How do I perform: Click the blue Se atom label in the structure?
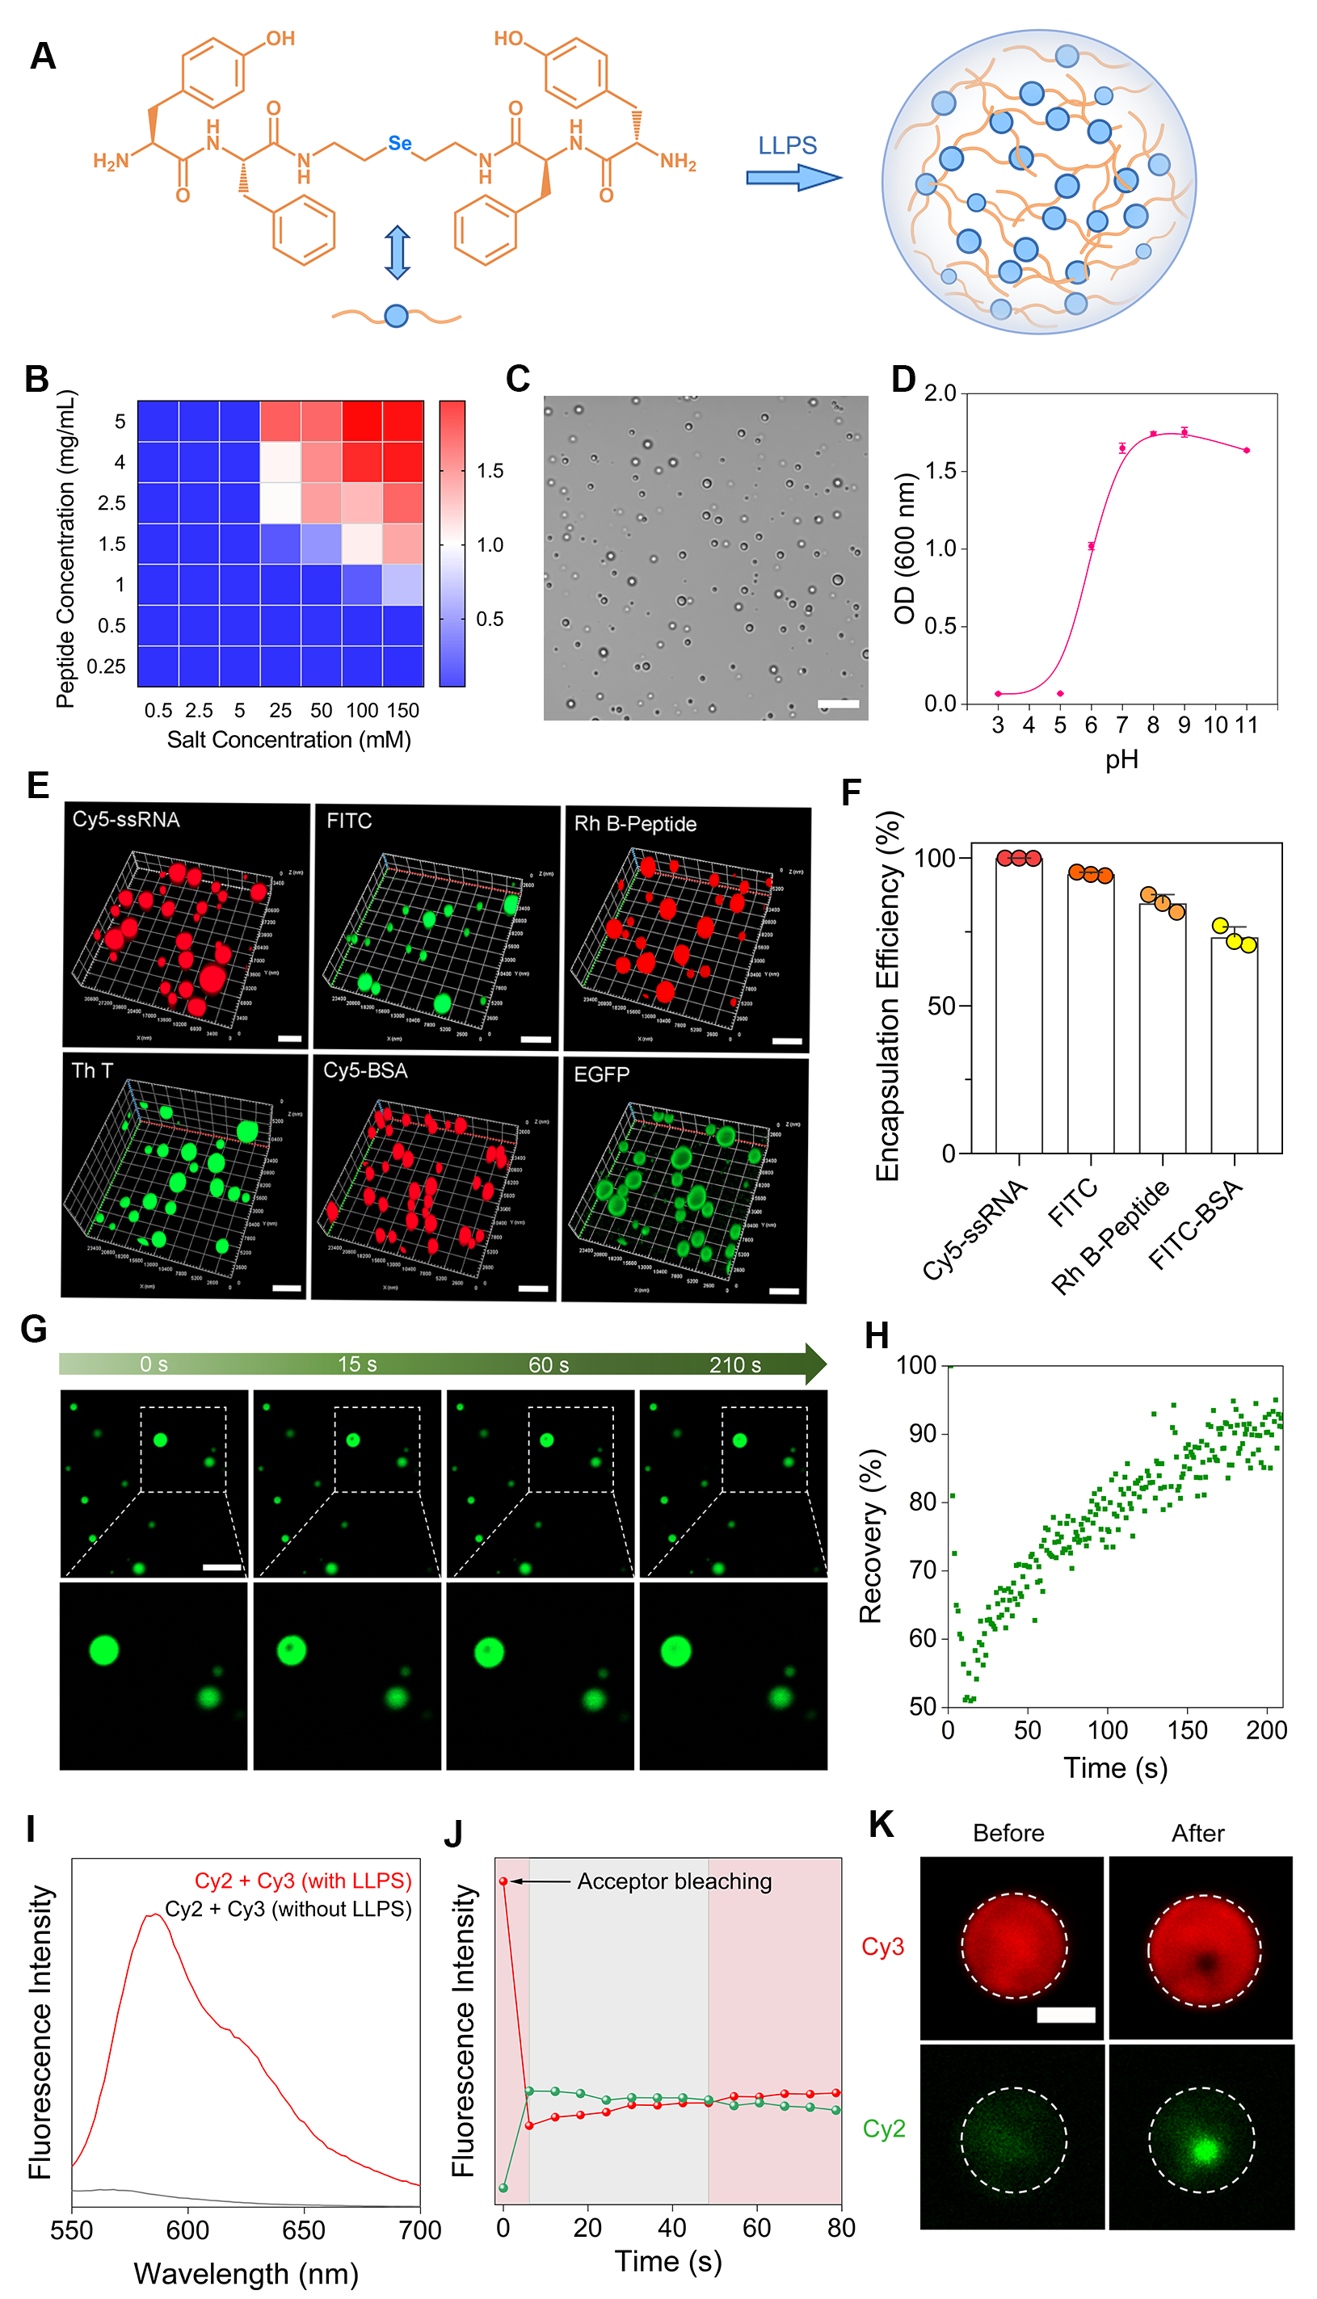(x=400, y=143)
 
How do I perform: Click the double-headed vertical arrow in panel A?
(x=397, y=251)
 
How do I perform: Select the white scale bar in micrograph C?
(x=839, y=704)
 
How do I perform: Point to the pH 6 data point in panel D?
(x=1092, y=546)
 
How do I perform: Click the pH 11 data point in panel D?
(x=1247, y=450)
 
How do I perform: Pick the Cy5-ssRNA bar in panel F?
(x=1019, y=1003)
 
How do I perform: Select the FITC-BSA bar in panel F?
(x=1234, y=1044)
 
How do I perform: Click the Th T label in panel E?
(x=92, y=1070)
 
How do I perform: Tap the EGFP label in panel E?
(x=601, y=1074)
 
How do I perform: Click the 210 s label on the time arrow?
(x=734, y=1364)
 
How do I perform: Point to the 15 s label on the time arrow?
(x=357, y=1364)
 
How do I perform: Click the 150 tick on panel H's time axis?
(x=1187, y=1730)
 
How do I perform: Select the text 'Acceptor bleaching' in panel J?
(x=674, y=1881)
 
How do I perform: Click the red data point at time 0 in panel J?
(x=504, y=1881)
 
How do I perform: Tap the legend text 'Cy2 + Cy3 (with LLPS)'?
(x=303, y=1881)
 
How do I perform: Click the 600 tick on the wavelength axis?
(x=187, y=2230)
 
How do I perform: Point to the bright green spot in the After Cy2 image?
(x=1204, y=2148)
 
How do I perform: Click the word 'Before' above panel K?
(x=1008, y=1833)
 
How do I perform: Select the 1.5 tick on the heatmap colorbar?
(x=490, y=471)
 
